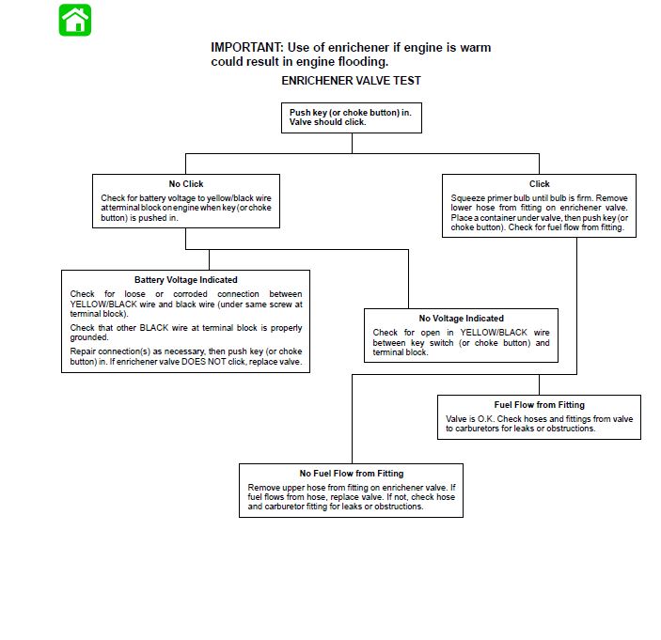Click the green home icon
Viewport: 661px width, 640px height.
pos(75,21)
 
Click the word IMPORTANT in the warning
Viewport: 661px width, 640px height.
pos(247,47)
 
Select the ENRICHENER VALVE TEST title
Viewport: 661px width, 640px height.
pos(351,81)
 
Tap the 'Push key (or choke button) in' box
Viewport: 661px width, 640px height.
pos(352,118)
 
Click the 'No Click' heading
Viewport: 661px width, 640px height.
pos(186,184)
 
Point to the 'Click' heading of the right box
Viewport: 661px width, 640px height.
pos(539,184)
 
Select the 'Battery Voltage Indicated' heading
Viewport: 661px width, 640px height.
pos(186,280)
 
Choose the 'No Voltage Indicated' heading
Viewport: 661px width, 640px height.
pos(461,319)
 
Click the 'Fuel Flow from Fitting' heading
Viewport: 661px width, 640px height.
pos(539,405)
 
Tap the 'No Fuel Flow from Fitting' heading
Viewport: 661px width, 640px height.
pos(352,474)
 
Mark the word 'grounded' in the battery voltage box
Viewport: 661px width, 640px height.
pos(89,337)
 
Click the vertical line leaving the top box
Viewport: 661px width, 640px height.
pos(352,143)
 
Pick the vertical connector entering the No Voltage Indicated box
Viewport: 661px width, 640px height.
pos(408,279)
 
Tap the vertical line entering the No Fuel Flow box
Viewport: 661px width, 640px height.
pos(352,419)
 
